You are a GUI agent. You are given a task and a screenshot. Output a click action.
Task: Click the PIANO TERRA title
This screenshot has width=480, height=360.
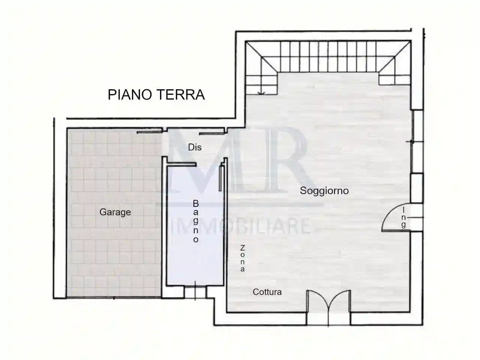tap(156, 94)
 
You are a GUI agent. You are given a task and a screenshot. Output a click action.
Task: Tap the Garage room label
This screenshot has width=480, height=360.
tap(115, 212)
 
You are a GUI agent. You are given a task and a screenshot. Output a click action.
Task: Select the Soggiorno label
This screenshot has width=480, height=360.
tap(324, 190)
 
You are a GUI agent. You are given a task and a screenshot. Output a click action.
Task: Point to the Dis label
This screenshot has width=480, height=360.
tap(195, 147)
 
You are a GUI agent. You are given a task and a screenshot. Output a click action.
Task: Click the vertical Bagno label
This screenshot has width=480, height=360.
tap(195, 221)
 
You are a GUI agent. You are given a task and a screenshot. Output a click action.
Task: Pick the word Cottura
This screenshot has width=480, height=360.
tap(267, 292)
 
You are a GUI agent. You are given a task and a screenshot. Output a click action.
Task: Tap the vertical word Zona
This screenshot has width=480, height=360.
tap(243, 258)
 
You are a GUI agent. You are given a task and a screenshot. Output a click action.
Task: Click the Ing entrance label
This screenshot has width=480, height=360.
tap(403, 217)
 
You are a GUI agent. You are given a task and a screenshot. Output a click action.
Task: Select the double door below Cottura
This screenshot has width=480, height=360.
tap(328, 306)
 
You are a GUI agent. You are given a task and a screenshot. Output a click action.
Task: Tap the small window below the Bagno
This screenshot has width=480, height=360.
tap(195, 292)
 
